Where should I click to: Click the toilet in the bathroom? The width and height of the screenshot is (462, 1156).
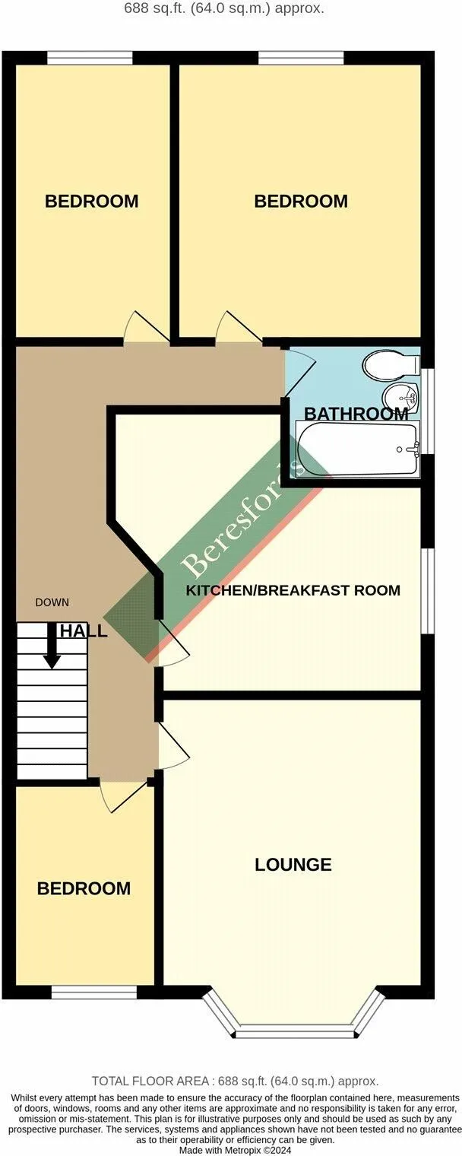[x=390, y=365]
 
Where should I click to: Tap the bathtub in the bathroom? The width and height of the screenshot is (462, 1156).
[x=357, y=449]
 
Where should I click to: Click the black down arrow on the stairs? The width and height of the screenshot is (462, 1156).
[x=52, y=646]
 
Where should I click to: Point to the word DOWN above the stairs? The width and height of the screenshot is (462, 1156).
[x=52, y=602]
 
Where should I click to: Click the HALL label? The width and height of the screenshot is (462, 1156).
[x=83, y=631]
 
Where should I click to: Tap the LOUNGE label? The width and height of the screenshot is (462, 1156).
[x=293, y=865]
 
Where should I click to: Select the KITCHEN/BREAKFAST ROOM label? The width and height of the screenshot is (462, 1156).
[x=293, y=590]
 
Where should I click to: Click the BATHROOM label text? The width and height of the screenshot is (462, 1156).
[x=356, y=414]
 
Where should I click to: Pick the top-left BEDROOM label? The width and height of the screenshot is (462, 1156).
[x=91, y=202]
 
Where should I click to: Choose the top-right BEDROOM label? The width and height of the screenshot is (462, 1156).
[x=301, y=202]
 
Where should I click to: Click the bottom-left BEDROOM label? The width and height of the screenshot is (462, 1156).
[x=84, y=888]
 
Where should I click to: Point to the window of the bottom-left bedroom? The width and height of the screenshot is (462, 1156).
[x=93, y=992]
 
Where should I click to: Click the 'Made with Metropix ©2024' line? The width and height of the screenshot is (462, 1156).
[x=235, y=1151]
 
